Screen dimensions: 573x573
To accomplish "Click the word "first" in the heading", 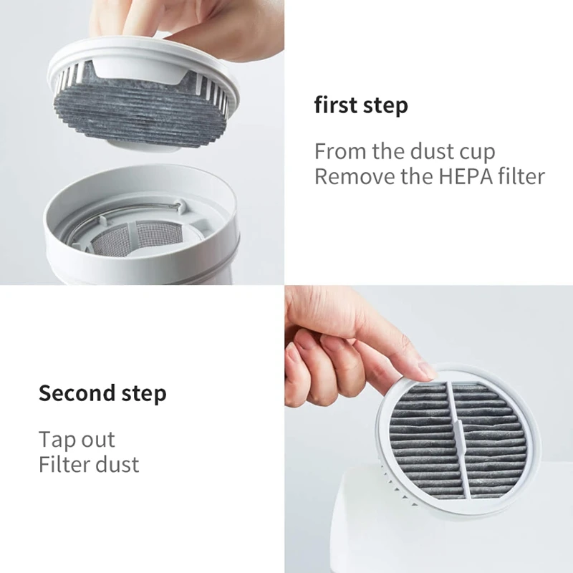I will click(x=336, y=105).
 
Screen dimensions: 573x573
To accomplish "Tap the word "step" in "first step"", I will click(x=385, y=107).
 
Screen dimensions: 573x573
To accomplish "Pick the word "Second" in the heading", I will click(x=77, y=393).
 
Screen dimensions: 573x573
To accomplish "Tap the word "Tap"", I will click(x=56, y=439).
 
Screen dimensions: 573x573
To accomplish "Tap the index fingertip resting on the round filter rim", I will click(x=423, y=370).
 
